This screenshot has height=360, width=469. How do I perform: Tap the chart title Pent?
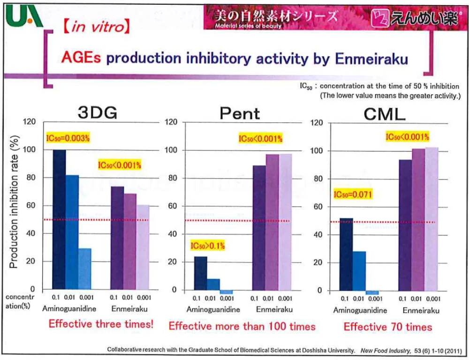pos(240,114)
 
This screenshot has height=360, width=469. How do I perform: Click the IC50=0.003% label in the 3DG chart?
pos(68,138)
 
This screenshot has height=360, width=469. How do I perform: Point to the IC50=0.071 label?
pos(353,194)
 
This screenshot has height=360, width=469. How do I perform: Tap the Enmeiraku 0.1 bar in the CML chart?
pos(405,225)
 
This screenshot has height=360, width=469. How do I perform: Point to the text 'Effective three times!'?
pos(101,324)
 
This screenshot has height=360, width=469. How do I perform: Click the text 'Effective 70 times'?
pos(388,327)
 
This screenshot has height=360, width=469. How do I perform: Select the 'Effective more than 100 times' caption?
pos(242,326)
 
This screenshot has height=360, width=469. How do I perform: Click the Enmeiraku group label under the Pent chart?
pos(274,309)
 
